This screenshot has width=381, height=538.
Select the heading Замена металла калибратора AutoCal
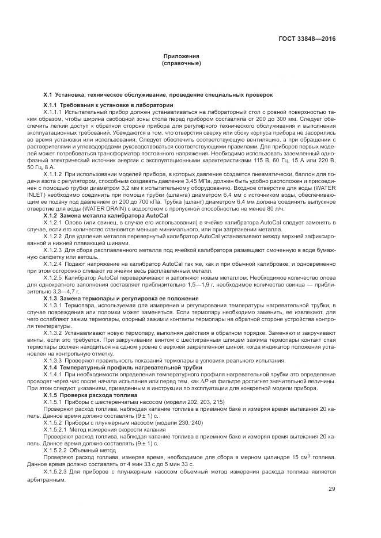pyautogui.click(x=112, y=215)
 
